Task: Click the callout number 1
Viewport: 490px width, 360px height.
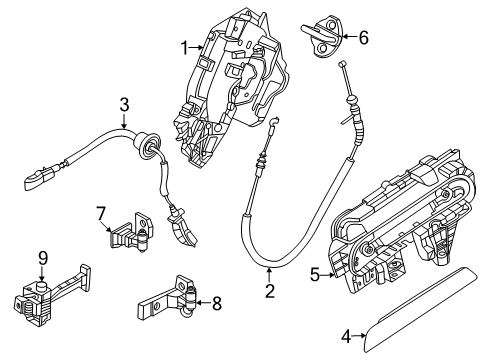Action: pyautogui.click(x=184, y=46)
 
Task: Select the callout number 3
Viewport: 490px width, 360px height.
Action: pyautogui.click(x=123, y=104)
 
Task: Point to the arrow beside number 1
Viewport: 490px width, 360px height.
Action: pyautogui.click(x=197, y=46)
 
